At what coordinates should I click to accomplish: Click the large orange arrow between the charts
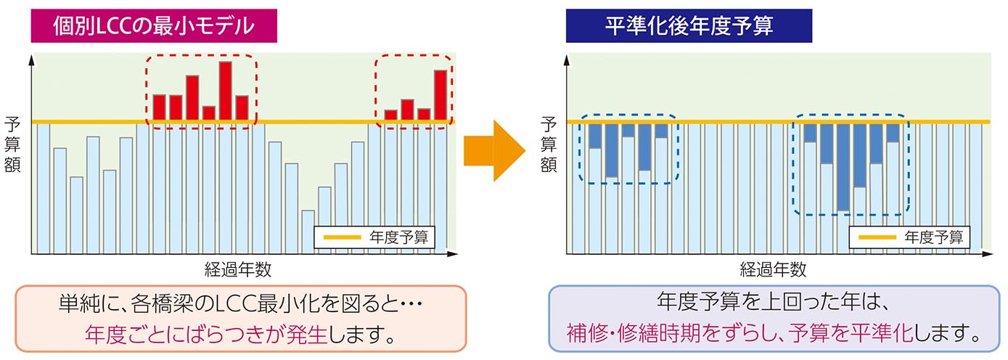(493, 151)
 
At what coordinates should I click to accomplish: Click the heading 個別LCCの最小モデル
(153, 27)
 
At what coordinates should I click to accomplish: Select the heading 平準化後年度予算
(688, 27)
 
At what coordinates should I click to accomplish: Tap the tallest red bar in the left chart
(225, 90)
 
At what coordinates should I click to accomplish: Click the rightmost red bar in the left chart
(441, 96)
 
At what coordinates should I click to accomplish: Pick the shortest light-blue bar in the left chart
(308, 232)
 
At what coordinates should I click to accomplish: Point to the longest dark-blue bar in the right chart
(843, 167)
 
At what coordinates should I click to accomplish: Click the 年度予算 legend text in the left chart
(401, 237)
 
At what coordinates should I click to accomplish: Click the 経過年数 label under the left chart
(238, 270)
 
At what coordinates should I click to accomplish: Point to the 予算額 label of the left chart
(12, 143)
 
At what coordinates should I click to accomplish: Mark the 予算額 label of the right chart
(549, 143)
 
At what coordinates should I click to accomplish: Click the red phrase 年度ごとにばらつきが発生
(206, 335)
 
